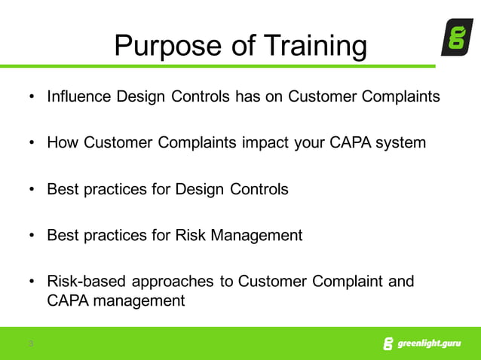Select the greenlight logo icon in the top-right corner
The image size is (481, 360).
click(456, 37)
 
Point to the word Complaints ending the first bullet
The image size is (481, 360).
click(401, 97)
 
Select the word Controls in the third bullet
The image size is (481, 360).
click(256, 189)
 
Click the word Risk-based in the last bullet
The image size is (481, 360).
click(87, 282)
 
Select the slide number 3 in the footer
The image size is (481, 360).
click(31, 344)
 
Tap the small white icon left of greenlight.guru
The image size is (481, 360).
click(388, 344)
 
